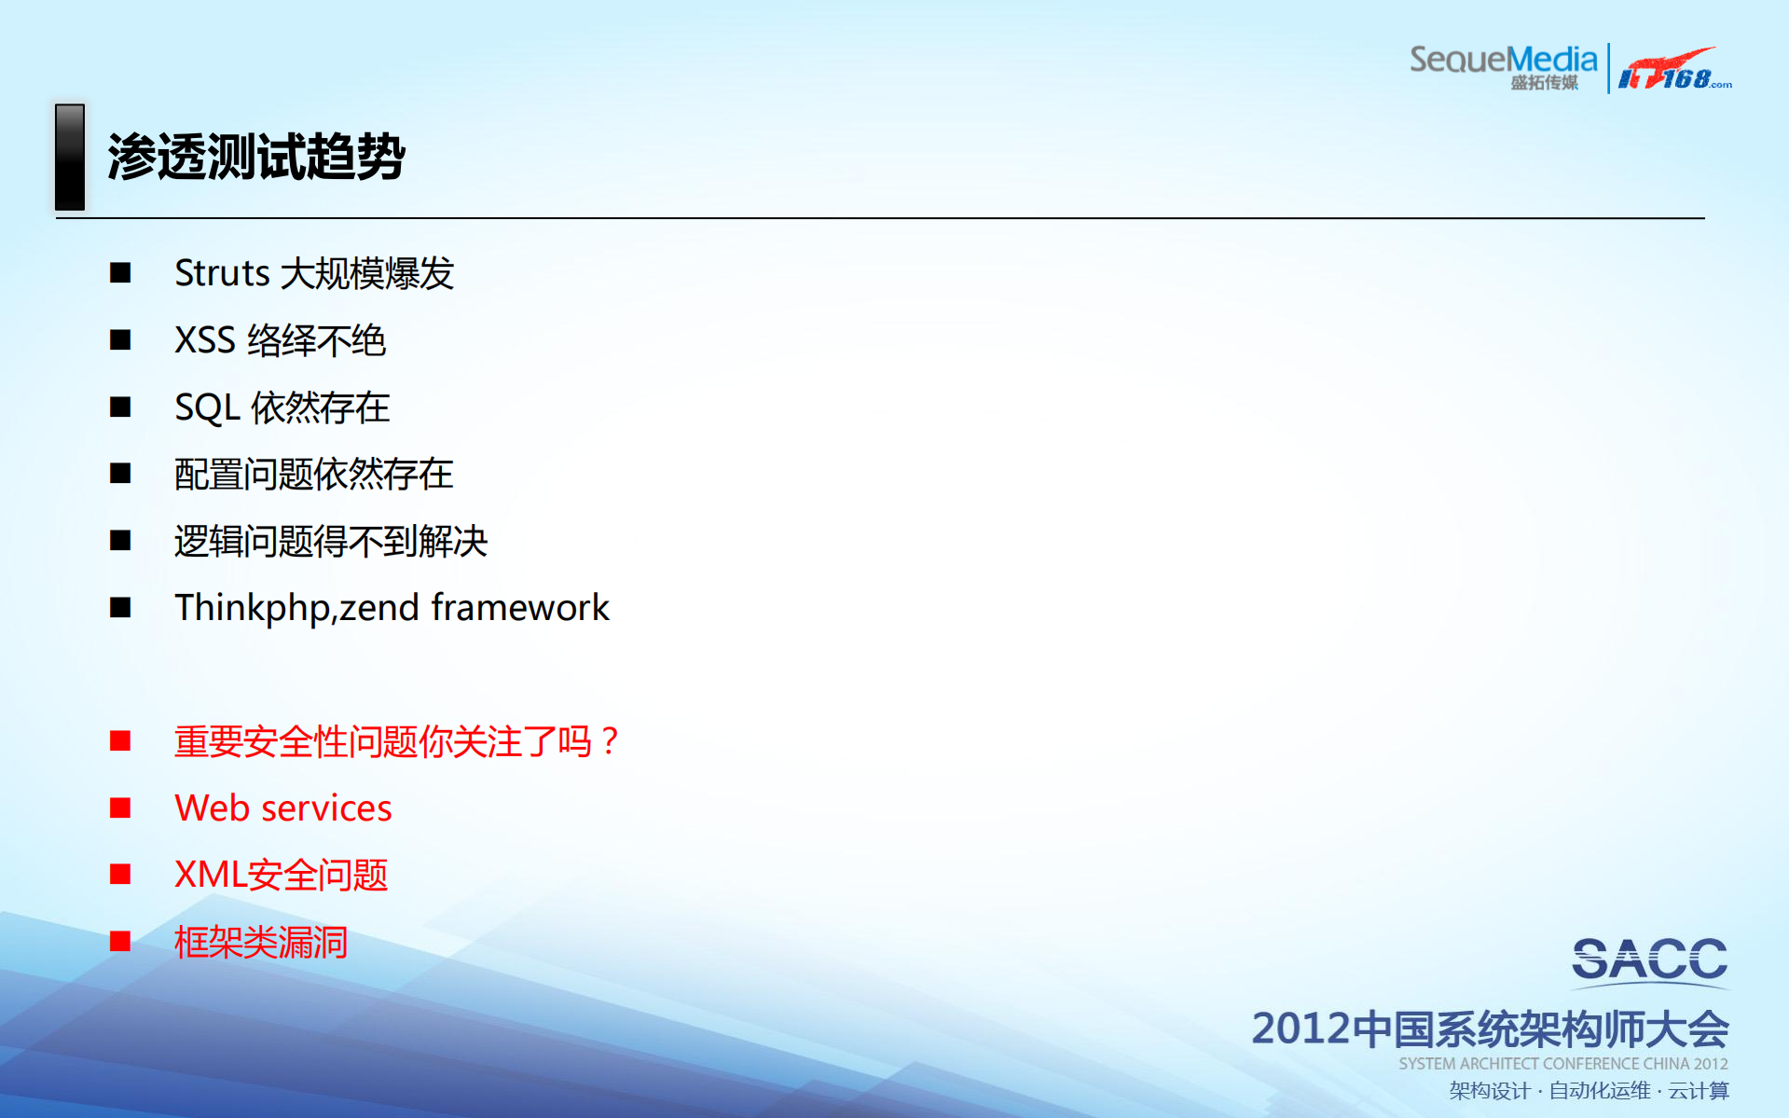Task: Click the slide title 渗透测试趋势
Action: [255, 157]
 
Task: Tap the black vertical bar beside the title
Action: [70, 157]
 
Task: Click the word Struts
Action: [222, 273]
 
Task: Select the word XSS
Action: [204, 340]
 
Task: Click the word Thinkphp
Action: [252, 608]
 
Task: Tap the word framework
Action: [520, 608]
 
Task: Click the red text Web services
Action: [283, 808]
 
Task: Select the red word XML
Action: [210, 875]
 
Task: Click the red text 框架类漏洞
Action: [261, 943]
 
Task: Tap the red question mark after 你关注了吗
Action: [610, 741]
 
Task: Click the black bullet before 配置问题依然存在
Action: [120, 474]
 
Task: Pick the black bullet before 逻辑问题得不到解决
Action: [120, 541]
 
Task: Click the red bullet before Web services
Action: [120, 807]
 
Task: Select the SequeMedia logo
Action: [1503, 65]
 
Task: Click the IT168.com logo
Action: [1674, 69]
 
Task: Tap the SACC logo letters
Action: [1649, 960]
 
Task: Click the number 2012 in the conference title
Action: [1300, 1028]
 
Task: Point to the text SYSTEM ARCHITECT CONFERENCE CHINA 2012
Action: [1562, 1064]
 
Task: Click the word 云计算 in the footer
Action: [1699, 1091]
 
